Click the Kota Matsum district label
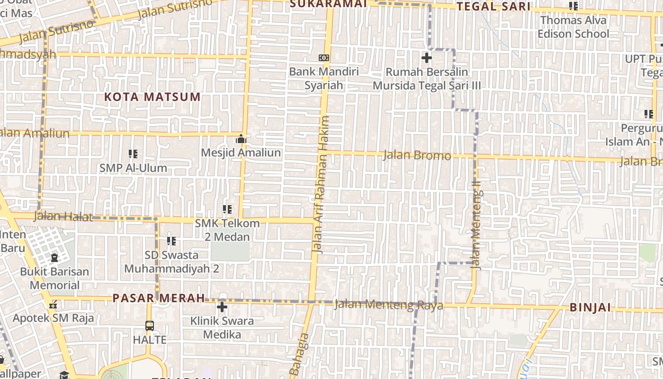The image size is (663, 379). (x=152, y=97)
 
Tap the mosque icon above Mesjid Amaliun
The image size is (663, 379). (x=241, y=139)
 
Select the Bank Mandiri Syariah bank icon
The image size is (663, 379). (x=324, y=58)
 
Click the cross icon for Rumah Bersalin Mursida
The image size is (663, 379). (x=426, y=58)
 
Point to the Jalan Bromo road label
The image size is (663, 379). (x=417, y=155)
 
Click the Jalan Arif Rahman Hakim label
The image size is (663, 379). (x=321, y=185)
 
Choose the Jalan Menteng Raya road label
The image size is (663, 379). (x=388, y=305)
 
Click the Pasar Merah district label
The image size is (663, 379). (x=159, y=298)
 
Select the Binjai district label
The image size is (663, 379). (x=590, y=307)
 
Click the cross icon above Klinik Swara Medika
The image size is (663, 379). (x=222, y=307)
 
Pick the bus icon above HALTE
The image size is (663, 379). (x=149, y=326)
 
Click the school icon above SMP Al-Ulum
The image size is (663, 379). (x=133, y=154)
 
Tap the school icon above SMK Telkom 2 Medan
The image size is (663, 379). (x=227, y=209)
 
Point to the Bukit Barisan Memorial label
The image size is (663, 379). (x=54, y=279)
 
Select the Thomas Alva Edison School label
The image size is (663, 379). (x=573, y=27)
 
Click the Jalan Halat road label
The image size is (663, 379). (x=63, y=217)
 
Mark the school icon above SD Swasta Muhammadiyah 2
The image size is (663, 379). (x=171, y=241)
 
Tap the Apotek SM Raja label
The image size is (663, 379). (x=53, y=318)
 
